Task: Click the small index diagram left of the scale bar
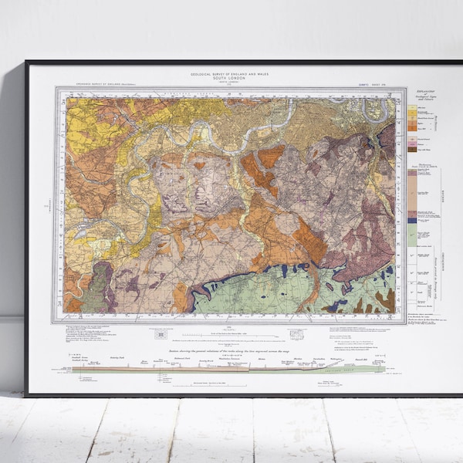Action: [x=161, y=333]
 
